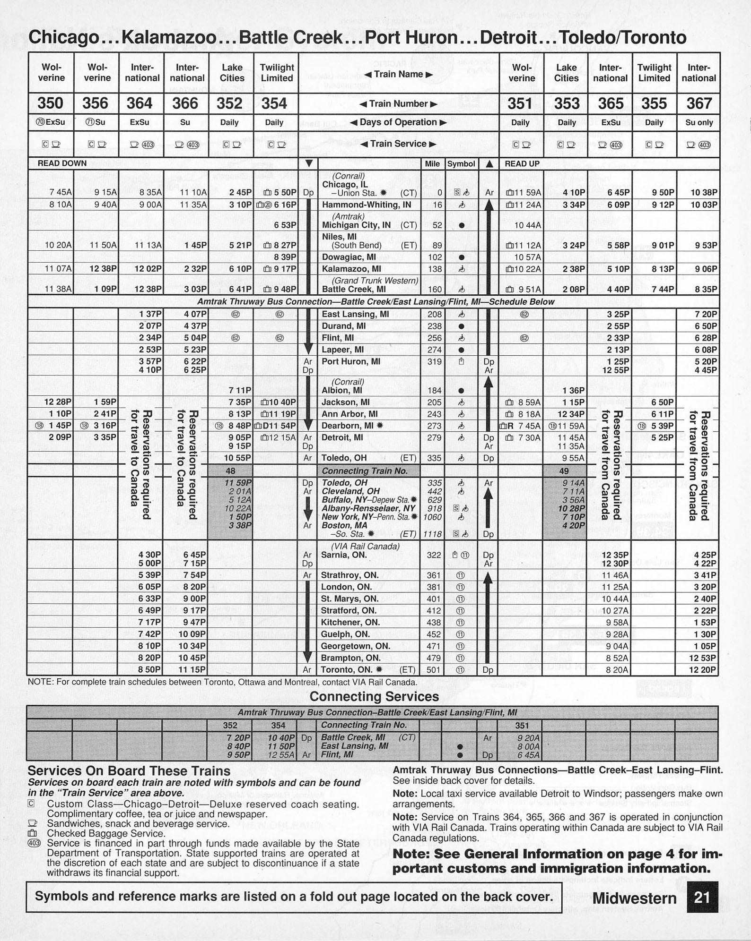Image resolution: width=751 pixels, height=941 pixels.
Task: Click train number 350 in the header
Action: (x=51, y=103)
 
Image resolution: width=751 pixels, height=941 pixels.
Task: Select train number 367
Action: (x=699, y=103)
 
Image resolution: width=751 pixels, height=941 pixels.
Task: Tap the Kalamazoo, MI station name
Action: (x=351, y=269)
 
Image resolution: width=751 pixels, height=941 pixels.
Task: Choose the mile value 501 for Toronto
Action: (x=434, y=669)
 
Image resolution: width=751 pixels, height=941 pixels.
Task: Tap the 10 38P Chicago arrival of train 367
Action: (x=704, y=192)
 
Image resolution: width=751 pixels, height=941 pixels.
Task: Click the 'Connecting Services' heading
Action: (x=374, y=696)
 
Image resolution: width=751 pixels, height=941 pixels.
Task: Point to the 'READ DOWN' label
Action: (x=62, y=163)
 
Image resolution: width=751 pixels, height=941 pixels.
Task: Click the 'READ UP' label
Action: (x=522, y=163)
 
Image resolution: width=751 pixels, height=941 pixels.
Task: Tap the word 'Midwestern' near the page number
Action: (x=634, y=898)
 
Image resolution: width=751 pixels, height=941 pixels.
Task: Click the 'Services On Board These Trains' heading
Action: (x=129, y=771)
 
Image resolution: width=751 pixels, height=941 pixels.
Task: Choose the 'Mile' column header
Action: (x=432, y=163)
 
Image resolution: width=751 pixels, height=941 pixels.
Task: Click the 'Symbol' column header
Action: (x=461, y=163)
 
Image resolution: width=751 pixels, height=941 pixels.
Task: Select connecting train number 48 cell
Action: (x=230, y=470)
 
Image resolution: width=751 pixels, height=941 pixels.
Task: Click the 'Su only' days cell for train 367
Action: (x=699, y=122)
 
